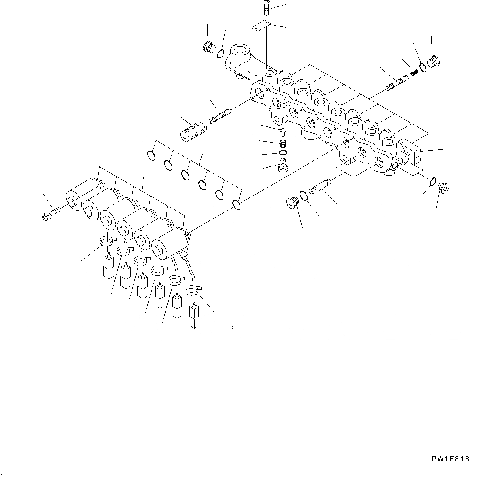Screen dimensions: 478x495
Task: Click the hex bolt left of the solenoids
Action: click(x=49, y=214)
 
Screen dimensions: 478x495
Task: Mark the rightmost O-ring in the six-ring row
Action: click(x=237, y=205)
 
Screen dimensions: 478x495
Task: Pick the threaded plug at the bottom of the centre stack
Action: click(x=282, y=166)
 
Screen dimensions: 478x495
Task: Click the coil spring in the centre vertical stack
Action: click(x=283, y=144)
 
